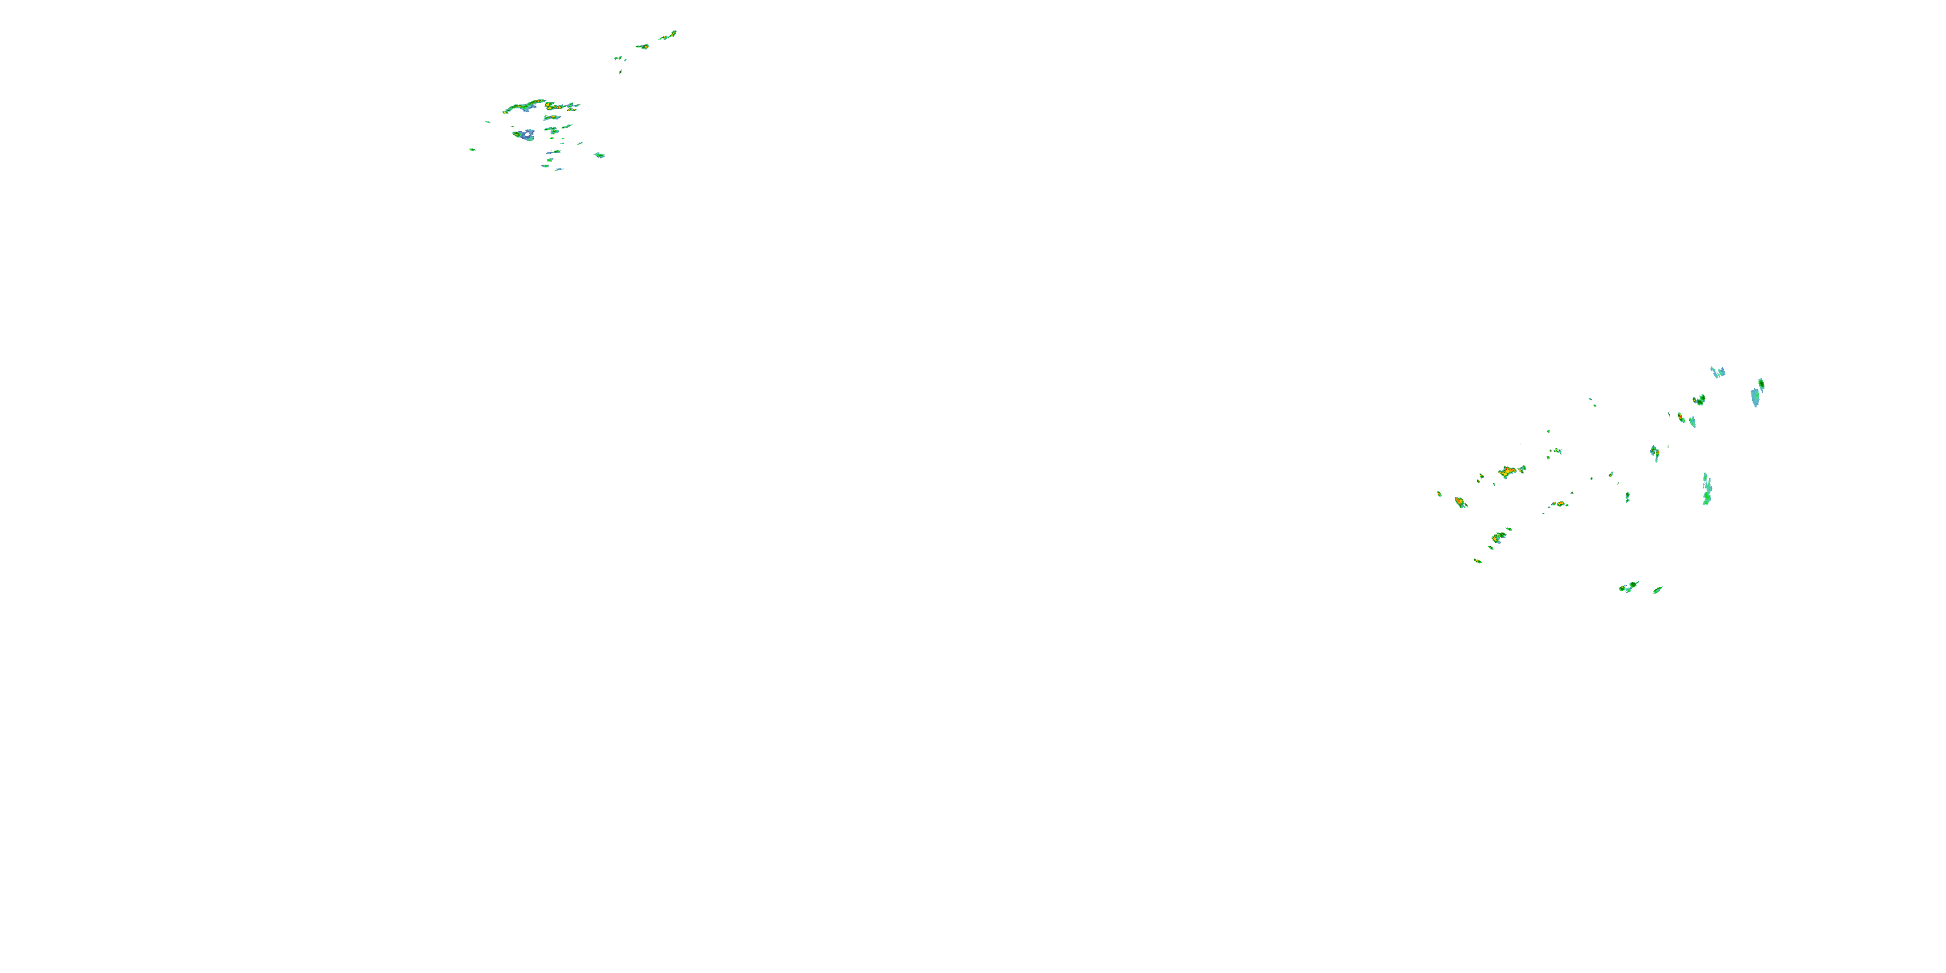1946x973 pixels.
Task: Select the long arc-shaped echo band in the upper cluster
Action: (x=538, y=104)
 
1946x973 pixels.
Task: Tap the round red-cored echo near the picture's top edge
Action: (x=643, y=47)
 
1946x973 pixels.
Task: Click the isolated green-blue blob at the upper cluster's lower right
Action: (x=599, y=155)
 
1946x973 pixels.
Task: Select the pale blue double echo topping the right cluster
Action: (x=1717, y=372)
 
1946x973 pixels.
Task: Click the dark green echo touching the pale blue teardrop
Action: (x=1762, y=385)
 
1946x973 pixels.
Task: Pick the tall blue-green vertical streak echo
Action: (x=1707, y=490)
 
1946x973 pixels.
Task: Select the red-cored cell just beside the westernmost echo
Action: (x=1459, y=501)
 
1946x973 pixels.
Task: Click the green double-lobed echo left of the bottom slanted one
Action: (x=1628, y=587)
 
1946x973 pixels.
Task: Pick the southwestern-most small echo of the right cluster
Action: (x=1478, y=560)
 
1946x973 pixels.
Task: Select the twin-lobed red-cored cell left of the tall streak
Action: (x=1654, y=453)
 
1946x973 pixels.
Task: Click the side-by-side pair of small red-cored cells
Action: (x=1559, y=504)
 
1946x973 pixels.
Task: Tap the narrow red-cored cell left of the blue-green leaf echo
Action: (x=1681, y=417)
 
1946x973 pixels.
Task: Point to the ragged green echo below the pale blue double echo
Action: (x=1698, y=400)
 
